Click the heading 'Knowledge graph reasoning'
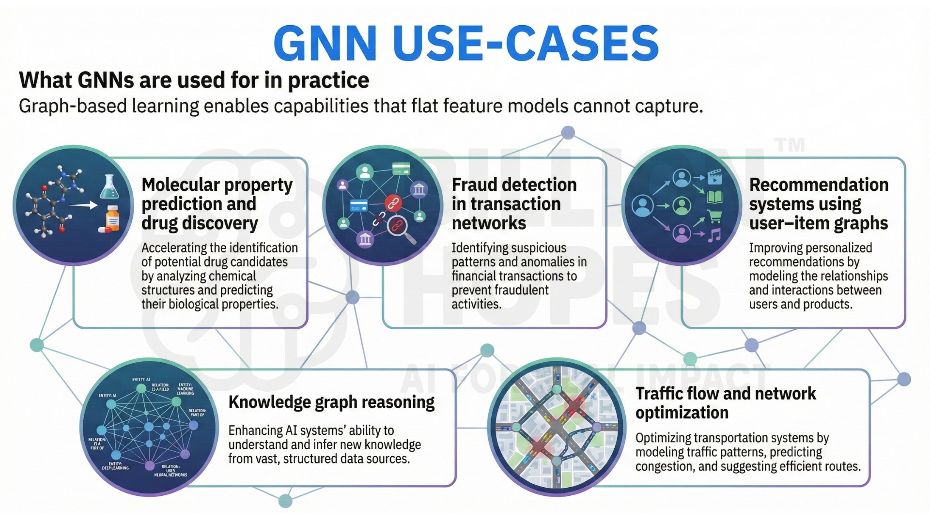pyautogui.click(x=331, y=402)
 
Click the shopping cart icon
pyautogui.click(x=714, y=215)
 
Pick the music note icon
pyautogui.click(x=714, y=235)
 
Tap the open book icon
pyautogui.click(x=715, y=197)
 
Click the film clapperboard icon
pyautogui.click(x=715, y=177)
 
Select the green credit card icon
pyautogui.click(x=401, y=169)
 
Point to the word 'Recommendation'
pyautogui.click(x=819, y=185)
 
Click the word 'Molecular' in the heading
pyautogui.click(x=181, y=185)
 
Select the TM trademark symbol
pyautogui.click(x=790, y=145)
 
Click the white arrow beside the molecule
pyautogui.click(x=83, y=205)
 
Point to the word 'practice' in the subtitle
pyautogui.click(x=328, y=80)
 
